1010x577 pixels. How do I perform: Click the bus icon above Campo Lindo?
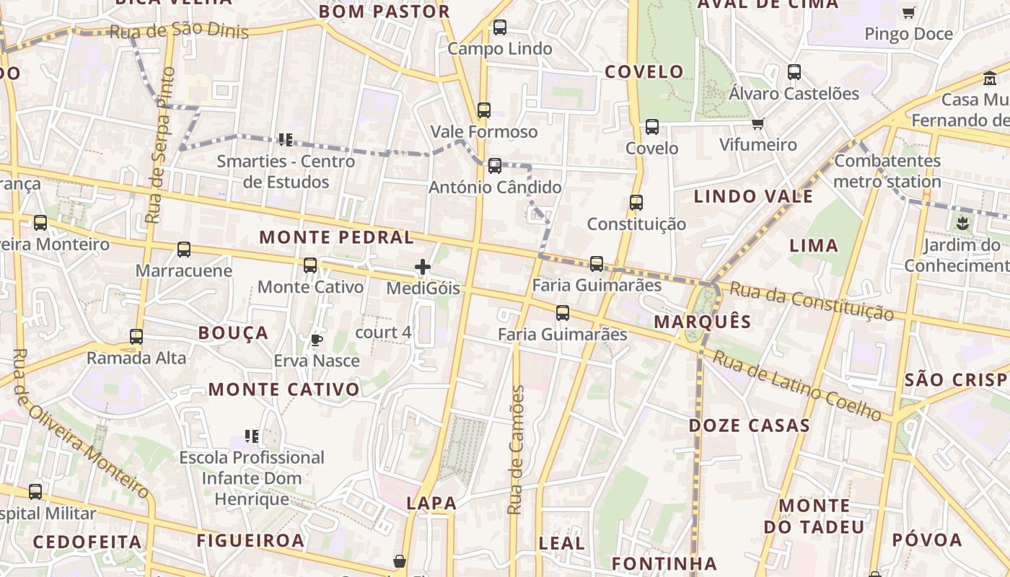click(499, 27)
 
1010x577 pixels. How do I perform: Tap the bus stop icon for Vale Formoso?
click(484, 110)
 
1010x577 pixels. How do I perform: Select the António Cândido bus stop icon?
click(495, 166)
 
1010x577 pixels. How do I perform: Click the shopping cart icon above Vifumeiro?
click(757, 124)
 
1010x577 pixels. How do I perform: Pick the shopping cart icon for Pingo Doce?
click(908, 12)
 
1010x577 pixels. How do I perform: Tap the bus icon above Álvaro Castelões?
click(794, 72)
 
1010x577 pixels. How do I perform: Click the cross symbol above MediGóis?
click(423, 268)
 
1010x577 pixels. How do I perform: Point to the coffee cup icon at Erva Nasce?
click(316, 340)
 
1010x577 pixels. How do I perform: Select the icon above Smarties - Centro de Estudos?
click(285, 139)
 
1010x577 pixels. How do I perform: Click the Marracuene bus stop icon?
click(184, 250)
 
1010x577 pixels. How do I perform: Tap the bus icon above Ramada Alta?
click(136, 336)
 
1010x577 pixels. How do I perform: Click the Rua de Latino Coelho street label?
click(797, 386)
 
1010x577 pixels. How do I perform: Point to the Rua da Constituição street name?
click(812, 301)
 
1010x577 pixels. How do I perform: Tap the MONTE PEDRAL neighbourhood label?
click(336, 237)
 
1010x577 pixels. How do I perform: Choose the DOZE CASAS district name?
click(750, 426)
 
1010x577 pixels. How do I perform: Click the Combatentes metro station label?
click(887, 171)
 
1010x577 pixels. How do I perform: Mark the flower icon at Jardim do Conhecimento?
click(962, 224)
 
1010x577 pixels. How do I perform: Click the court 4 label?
click(383, 332)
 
